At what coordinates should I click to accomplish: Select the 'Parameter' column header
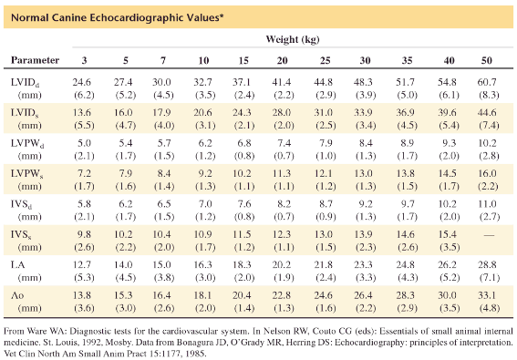36,60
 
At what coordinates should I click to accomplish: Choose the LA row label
18,263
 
